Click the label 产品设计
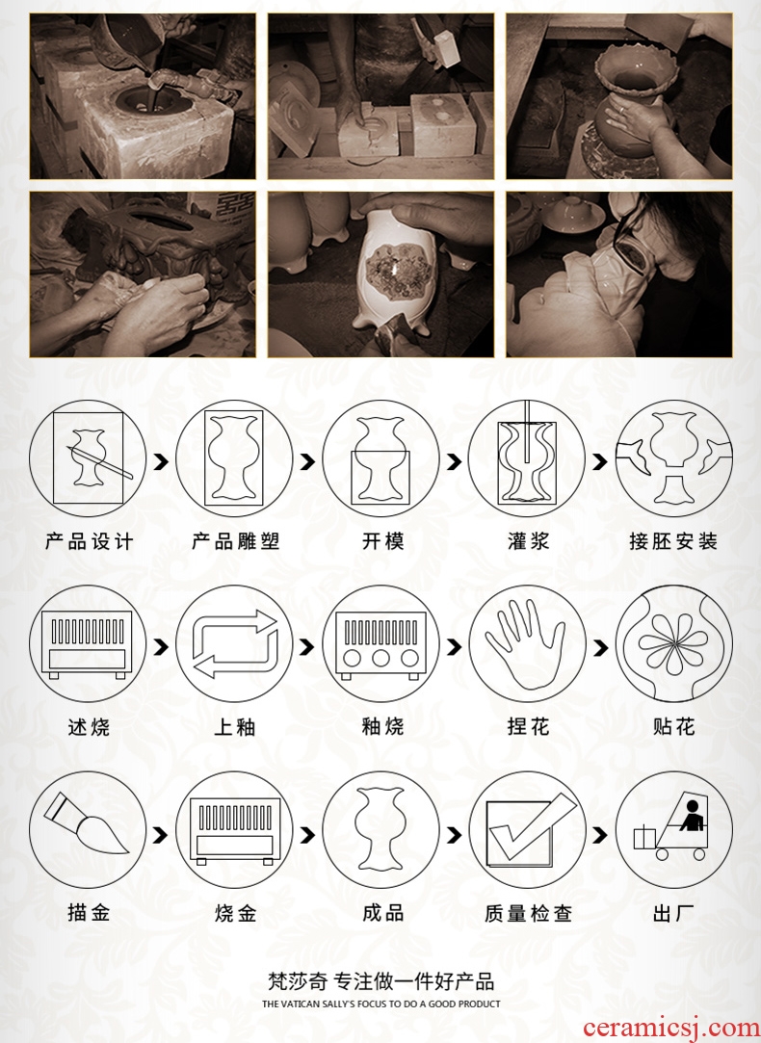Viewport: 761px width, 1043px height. [x=90, y=541]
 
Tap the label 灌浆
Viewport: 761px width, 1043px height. [x=528, y=541]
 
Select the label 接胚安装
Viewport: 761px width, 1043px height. [x=674, y=541]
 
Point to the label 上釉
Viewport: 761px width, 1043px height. [x=235, y=726]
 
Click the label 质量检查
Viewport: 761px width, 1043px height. [x=528, y=913]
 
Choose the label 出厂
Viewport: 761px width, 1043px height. [x=674, y=913]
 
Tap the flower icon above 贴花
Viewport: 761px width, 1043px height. [x=673, y=644]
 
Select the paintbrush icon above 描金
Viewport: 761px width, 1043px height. [x=86, y=823]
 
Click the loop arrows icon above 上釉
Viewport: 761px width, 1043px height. [x=235, y=644]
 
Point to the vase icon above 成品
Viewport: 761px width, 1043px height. [x=380, y=829]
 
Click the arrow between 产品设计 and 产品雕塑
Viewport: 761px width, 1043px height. [x=160, y=461]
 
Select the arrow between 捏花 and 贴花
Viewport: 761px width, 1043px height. [x=600, y=647]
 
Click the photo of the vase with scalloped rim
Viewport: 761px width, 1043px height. [x=618, y=96]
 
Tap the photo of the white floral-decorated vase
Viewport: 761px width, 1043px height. [x=380, y=274]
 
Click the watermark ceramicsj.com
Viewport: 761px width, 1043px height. [x=670, y=1029]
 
